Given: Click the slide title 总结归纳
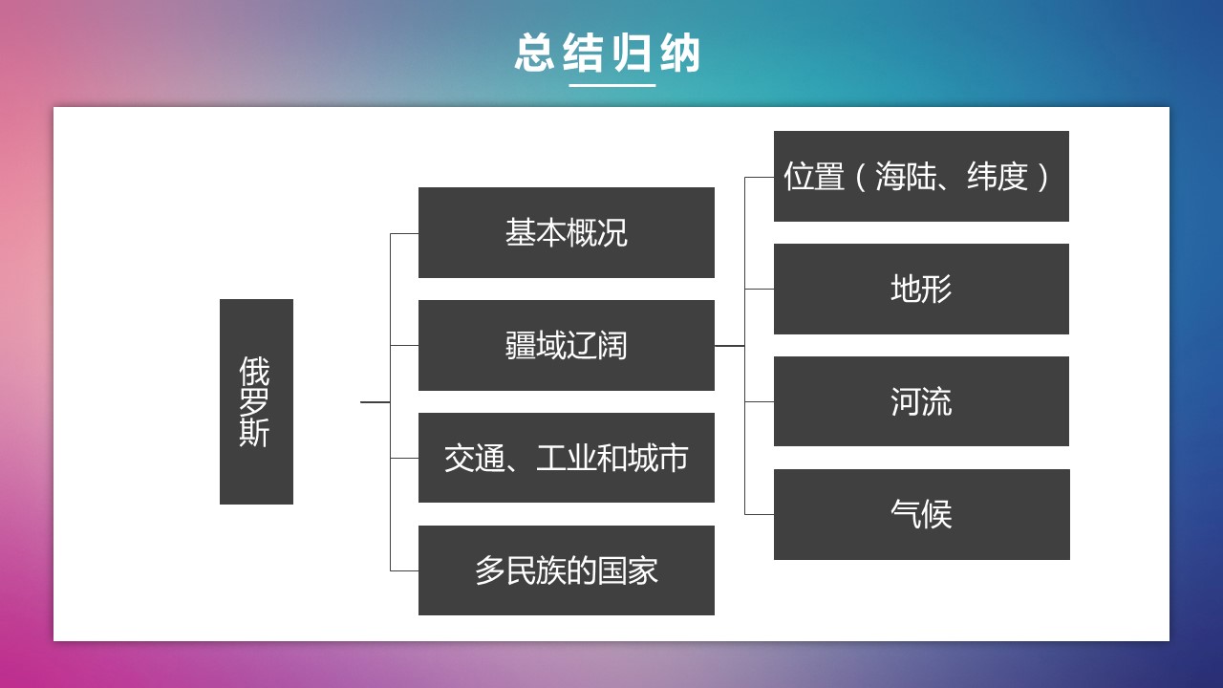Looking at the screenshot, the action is click(607, 53).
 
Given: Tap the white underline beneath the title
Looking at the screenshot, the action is click(612, 85).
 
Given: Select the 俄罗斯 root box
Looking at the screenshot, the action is click(256, 401).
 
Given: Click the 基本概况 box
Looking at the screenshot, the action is click(567, 232).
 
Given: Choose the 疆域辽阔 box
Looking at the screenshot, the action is click(567, 345).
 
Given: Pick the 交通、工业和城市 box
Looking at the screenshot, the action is click(567, 458).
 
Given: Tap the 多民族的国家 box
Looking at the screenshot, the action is click(567, 570).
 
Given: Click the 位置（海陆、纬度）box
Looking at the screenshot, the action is click(921, 176).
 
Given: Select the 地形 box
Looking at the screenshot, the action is click(921, 289).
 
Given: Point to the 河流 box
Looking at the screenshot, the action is click(921, 401).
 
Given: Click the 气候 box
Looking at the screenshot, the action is click(921, 514).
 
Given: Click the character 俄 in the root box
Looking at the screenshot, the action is click(254, 371).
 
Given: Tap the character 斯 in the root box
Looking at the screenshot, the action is click(254, 433).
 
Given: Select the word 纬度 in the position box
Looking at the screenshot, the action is click(998, 177).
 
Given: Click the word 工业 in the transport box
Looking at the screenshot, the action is click(567, 458).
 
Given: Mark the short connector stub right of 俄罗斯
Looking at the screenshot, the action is click(375, 402).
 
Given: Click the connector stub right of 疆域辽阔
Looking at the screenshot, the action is click(729, 346).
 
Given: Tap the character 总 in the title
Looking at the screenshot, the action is click(534, 53).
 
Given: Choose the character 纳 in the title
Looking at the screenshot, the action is click(680, 53).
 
